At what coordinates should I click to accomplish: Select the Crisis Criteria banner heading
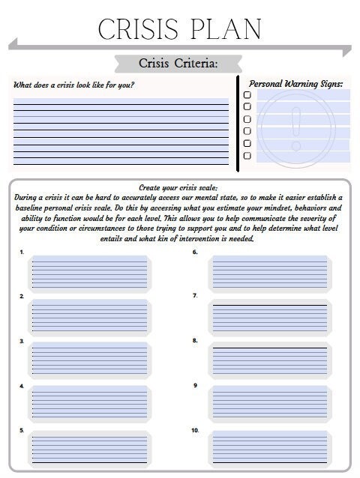click(178, 63)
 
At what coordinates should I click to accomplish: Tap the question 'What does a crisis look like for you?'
click(74, 85)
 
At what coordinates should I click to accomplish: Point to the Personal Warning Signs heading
click(295, 84)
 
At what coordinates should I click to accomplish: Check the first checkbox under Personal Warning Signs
click(247, 95)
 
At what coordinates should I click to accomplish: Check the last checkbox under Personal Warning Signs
click(247, 156)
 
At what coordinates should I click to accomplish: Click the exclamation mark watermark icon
click(297, 127)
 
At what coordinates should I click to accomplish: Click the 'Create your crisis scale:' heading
click(178, 187)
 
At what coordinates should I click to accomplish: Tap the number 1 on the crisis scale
click(22, 252)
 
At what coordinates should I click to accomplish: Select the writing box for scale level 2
click(90, 317)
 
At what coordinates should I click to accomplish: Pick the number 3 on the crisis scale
click(22, 341)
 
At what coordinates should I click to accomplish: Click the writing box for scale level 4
click(90, 405)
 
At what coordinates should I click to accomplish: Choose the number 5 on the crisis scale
click(22, 430)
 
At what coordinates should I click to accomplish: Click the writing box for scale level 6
click(271, 273)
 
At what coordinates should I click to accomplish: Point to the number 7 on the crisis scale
click(195, 296)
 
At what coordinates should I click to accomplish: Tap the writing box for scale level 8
click(271, 361)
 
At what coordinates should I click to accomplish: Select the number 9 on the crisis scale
click(195, 385)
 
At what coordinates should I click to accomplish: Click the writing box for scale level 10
click(271, 450)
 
